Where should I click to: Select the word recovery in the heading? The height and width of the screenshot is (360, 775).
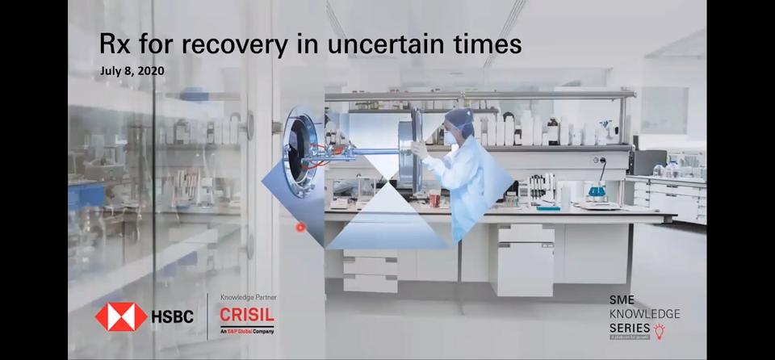tap(231, 44)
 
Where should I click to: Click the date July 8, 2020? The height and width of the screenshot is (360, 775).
tap(132, 71)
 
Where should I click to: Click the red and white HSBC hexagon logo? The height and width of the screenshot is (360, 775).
tap(121, 316)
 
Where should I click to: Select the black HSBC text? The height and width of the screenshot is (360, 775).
tap(173, 316)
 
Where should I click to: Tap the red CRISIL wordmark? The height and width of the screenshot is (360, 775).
tap(247, 315)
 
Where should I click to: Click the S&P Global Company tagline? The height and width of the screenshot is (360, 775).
tap(247, 332)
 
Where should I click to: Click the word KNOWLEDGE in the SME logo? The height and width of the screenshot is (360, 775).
tap(644, 313)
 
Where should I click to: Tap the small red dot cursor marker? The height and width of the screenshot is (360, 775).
tap(300, 228)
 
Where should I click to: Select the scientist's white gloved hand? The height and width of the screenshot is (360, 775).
tap(418, 149)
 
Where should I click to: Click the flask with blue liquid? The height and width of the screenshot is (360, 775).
tap(597, 190)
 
